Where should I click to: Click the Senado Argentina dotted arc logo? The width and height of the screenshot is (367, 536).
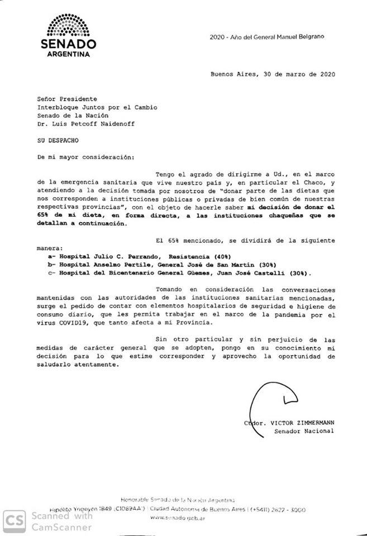click(x=67, y=26)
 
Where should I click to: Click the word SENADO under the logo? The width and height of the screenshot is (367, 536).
click(x=67, y=44)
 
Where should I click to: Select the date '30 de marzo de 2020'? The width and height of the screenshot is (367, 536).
click(x=302, y=74)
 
